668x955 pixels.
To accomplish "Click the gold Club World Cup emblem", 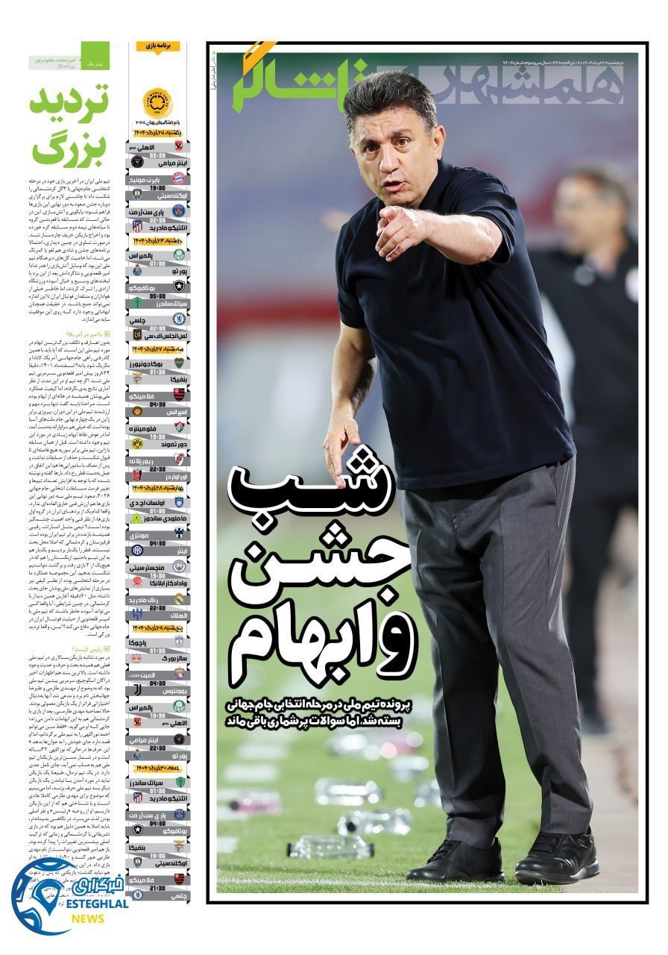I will (x=157, y=103).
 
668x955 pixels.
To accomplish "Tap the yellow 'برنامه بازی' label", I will (x=158, y=46).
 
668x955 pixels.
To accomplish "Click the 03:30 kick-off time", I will (x=157, y=155).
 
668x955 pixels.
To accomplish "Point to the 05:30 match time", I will (x=157, y=295).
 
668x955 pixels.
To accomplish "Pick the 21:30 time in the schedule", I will (x=157, y=887).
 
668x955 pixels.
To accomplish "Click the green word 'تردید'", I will (x=69, y=99).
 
